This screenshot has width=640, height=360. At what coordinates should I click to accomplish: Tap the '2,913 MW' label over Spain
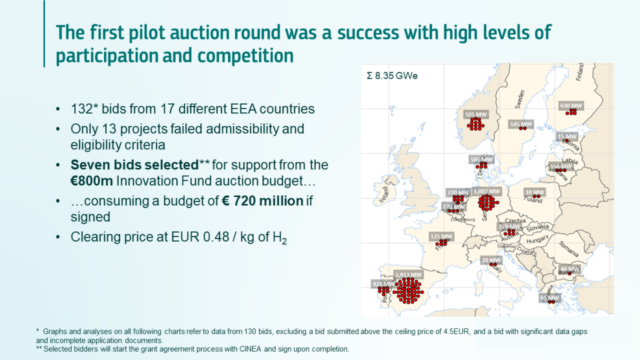point(410,272)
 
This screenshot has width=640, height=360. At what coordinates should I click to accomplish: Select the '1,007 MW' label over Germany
point(479,190)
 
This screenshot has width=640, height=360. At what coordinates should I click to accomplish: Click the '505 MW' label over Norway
point(476,114)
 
